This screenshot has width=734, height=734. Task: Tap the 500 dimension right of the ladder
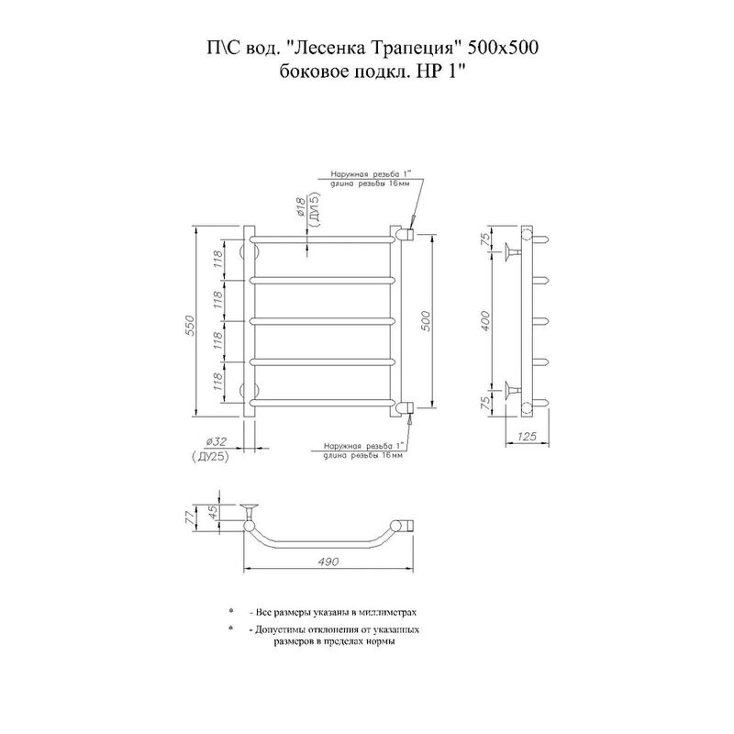click(x=426, y=321)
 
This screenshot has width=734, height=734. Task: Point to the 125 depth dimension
click(x=528, y=437)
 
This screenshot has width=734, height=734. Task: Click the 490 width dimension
click(x=328, y=562)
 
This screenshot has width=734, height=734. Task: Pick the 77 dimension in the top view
click(x=190, y=520)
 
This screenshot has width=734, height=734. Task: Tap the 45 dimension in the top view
click(x=213, y=513)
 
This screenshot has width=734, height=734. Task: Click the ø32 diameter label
click(x=216, y=441)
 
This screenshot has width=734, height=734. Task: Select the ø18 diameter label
click(x=301, y=207)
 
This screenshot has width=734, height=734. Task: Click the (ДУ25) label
click(x=210, y=457)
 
